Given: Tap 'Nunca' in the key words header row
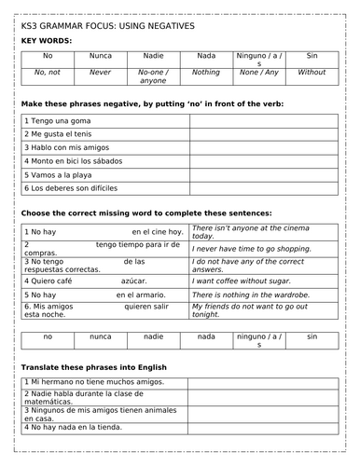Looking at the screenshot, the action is coord(100,56).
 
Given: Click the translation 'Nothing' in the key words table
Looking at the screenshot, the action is coord(206,71).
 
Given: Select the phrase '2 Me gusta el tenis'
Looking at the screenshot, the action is coord(61,134).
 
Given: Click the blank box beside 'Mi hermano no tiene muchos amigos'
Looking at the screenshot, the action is coord(263,382).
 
